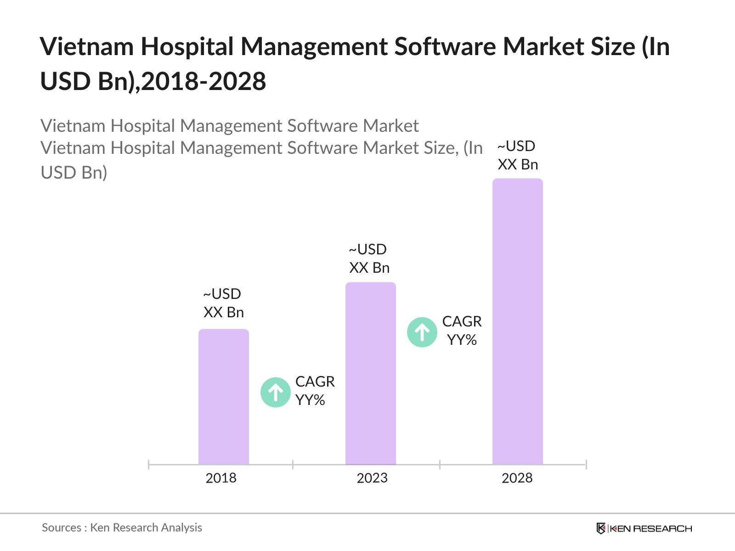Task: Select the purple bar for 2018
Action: pyautogui.click(x=223, y=397)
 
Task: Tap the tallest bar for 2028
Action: pyautogui.click(x=517, y=321)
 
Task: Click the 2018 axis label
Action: pyautogui.click(x=221, y=478)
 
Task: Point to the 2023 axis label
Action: pyautogui.click(x=372, y=478)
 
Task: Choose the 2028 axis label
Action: pyautogui.click(x=517, y=478)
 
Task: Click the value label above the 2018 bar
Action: pyautogui.click(x=223, y=303)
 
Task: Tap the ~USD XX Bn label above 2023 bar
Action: pyautogui.click(x=369, y=259)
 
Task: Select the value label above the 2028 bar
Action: pyautogui.click(x=517, y=155)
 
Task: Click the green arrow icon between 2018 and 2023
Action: pyautogui.click(x=276, y=392)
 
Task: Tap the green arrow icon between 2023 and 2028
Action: pyautogui.click(x=422, y=332)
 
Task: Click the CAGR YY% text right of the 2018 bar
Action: pyautogui.click(x=315, y=391)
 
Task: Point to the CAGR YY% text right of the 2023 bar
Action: pyautogui.click(x=462, y=331)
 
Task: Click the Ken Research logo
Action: pyautogui.click(x=644, y=529)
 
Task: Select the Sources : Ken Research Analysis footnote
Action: pyautogui.click(x=122, y=528)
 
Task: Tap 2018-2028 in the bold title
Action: pyautogui.click(x=204, y=82)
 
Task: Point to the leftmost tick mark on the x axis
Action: pyautogui.click(x=149, y=465)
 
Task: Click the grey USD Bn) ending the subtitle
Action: pyautogui.click(x=74, y=173)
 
